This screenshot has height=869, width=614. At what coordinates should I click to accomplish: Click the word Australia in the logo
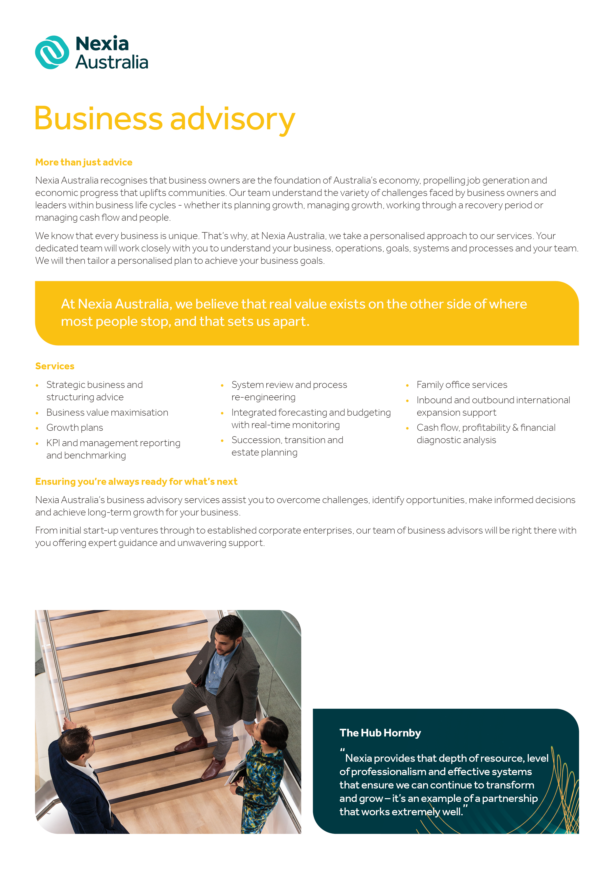pyautogui.click(x=112, y=62)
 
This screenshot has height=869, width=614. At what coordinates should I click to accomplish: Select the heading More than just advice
pyautogui.click(x=84, y=162)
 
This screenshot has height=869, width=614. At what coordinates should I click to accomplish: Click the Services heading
pyautogui.click(x=55, y=366)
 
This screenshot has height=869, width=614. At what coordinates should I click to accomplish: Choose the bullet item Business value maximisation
pyautogui.click(x=107, y=412)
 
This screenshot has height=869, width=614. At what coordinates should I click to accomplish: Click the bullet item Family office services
pyautogui.click(x=461, y=385)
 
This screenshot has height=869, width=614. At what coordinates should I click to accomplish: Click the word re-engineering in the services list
pyautogui.click(x=263, y=397)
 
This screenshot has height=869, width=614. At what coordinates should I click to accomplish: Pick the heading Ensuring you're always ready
pyautogui.click(x=136, y=482)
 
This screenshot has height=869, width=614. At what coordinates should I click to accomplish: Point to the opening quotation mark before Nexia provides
pyautogui.click(x=342, y=750)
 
